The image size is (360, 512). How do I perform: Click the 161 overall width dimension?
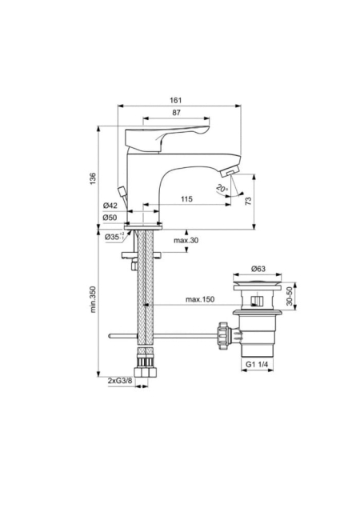pos(176,100)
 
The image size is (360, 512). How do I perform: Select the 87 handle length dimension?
pos(176,113)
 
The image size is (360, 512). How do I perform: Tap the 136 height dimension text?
pos(93,178)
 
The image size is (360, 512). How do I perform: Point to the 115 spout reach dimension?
pos(186,199)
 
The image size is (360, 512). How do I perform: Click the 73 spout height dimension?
pos(249,201)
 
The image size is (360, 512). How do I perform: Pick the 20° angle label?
pos(222,189)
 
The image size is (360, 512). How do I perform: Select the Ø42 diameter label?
pos(110,206)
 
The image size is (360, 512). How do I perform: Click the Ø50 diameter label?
pos(110,218)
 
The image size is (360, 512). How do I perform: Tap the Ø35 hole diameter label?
pos(114,237)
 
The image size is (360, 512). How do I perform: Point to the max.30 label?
pos(186,241)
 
